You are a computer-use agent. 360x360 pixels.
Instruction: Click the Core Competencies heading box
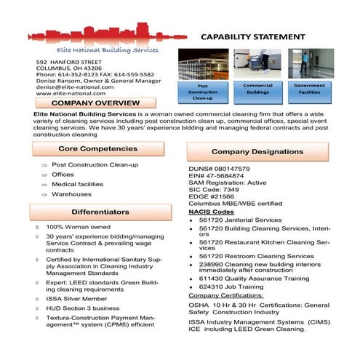pos(97,148)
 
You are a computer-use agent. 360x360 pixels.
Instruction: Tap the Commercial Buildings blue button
pos(257,89)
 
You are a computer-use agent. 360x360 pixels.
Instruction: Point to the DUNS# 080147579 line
pos(219,169)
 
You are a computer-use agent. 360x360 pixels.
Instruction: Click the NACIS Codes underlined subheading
pos(213,212)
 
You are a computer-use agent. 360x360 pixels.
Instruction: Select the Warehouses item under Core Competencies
pos(72,194)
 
